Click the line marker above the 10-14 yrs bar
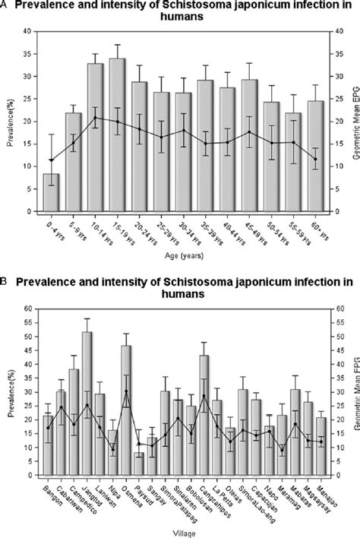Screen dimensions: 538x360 95,118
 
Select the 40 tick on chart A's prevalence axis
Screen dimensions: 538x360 30,32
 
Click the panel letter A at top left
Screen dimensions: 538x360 6,5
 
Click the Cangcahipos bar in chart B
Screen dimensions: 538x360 204,403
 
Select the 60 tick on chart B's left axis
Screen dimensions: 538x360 30,309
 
